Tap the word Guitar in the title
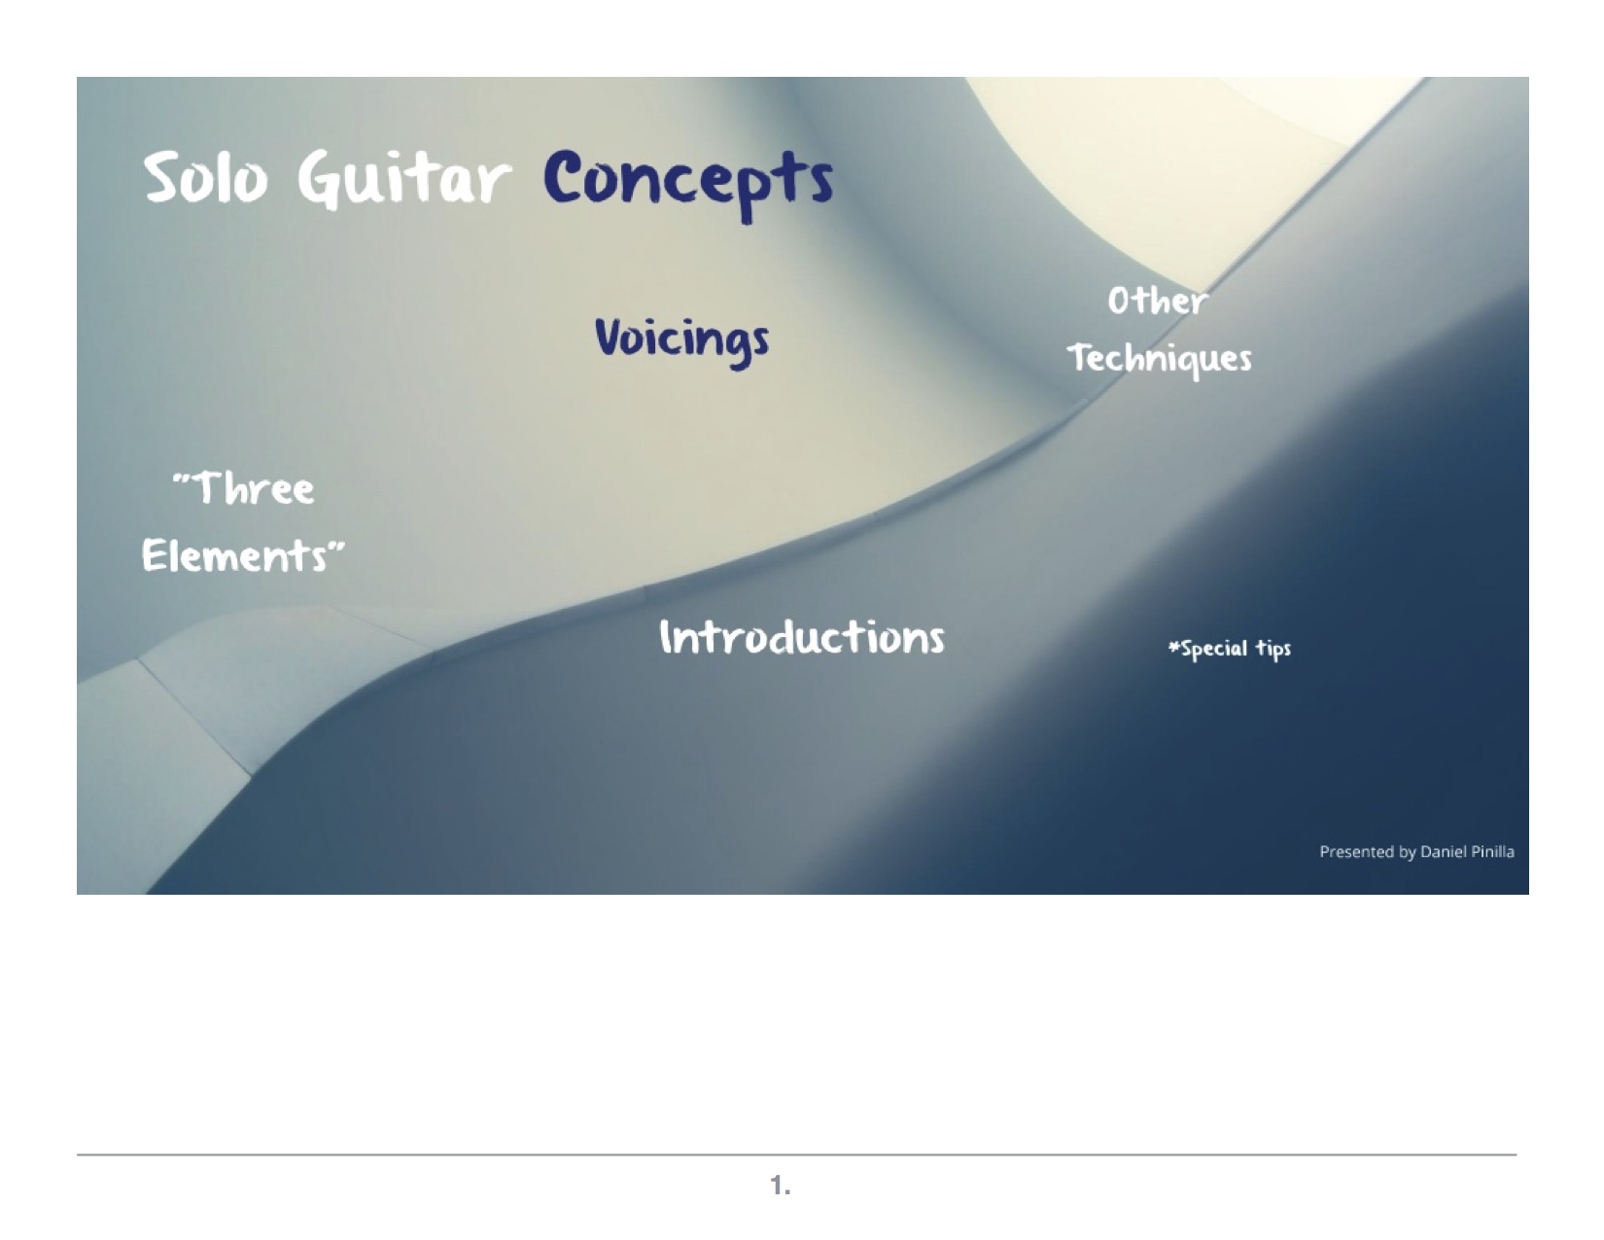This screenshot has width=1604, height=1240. pos(403,178)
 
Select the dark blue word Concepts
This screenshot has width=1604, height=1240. pos(688,182)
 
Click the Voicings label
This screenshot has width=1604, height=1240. pos(682,341)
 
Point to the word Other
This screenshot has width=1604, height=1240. pos(1157,301)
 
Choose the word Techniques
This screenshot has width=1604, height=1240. pos(1160,360)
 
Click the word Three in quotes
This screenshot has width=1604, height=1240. pos(244,488)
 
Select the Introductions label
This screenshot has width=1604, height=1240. pos(802,637)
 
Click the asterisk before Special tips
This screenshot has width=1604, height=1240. pos(1173,646)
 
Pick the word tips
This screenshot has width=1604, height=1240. pos(1273,649)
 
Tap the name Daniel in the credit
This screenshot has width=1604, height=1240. pos(1444,852)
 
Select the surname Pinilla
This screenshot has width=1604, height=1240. pos(1493,852)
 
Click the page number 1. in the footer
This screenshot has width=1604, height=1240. pos(781,1186)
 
